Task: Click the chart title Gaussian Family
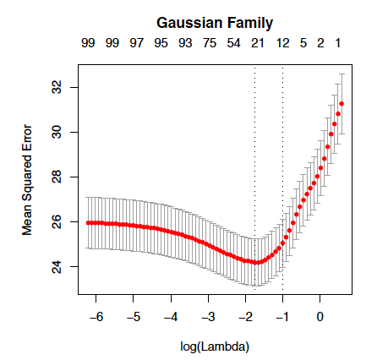pyautogui.click(x=215, y=23)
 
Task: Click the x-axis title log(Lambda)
pyautogui.click(x=215, y=346)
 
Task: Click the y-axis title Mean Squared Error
pyautogui.click(x=27, y=180)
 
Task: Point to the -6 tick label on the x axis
pyautogui.click(x=96, y=317)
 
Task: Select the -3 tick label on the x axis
pyautogui.click(x=208, y=317)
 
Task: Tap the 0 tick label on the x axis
pyautogui.click(x=320, y=317)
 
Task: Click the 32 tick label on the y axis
pyautogui.click(x=57, y=87)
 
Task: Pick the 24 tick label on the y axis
pyautogui.click(x=57, y=266)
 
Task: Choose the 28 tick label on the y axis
pyautogui.click(x=57, y=177)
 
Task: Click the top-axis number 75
pyautogui.click(x=210, y=43)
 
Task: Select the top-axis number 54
pyautogui.click(x=234, y=43)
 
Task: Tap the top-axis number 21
pyautogui.click(x=258, y=43)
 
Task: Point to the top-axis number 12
pyautogui.click(x=283, y=43)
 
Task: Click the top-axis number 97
pyautogui.click(x=137, y=43)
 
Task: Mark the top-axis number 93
pyautogui.click(x=185, y=43)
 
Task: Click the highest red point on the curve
pyautogui.click(x=342, y=104)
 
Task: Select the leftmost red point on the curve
pyautogui.click(x=88, y=223)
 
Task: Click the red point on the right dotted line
pyautogui.click(x=282, y=243)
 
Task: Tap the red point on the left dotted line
pyautogui.click(x=255, y=263)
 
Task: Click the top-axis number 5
pyautogui.click(x=303, y=43)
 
